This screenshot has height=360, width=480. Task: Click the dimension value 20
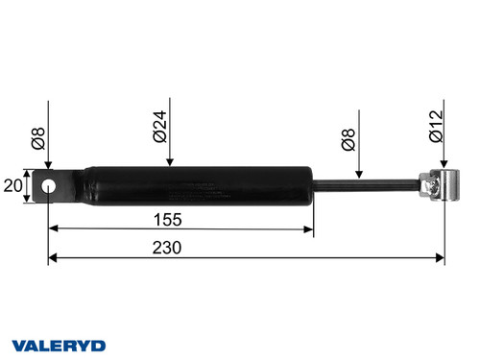pyautogui.click(x=13, y=185)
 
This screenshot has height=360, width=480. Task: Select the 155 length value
pyautogui.click(x=181, y=219)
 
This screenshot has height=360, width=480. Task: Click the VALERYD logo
pyautogui.click(x=59, y=344)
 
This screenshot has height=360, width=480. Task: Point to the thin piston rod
pyautogui.click(x=365, y=185)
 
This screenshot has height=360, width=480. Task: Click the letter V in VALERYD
pyautogui.click(x=18, y=344)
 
